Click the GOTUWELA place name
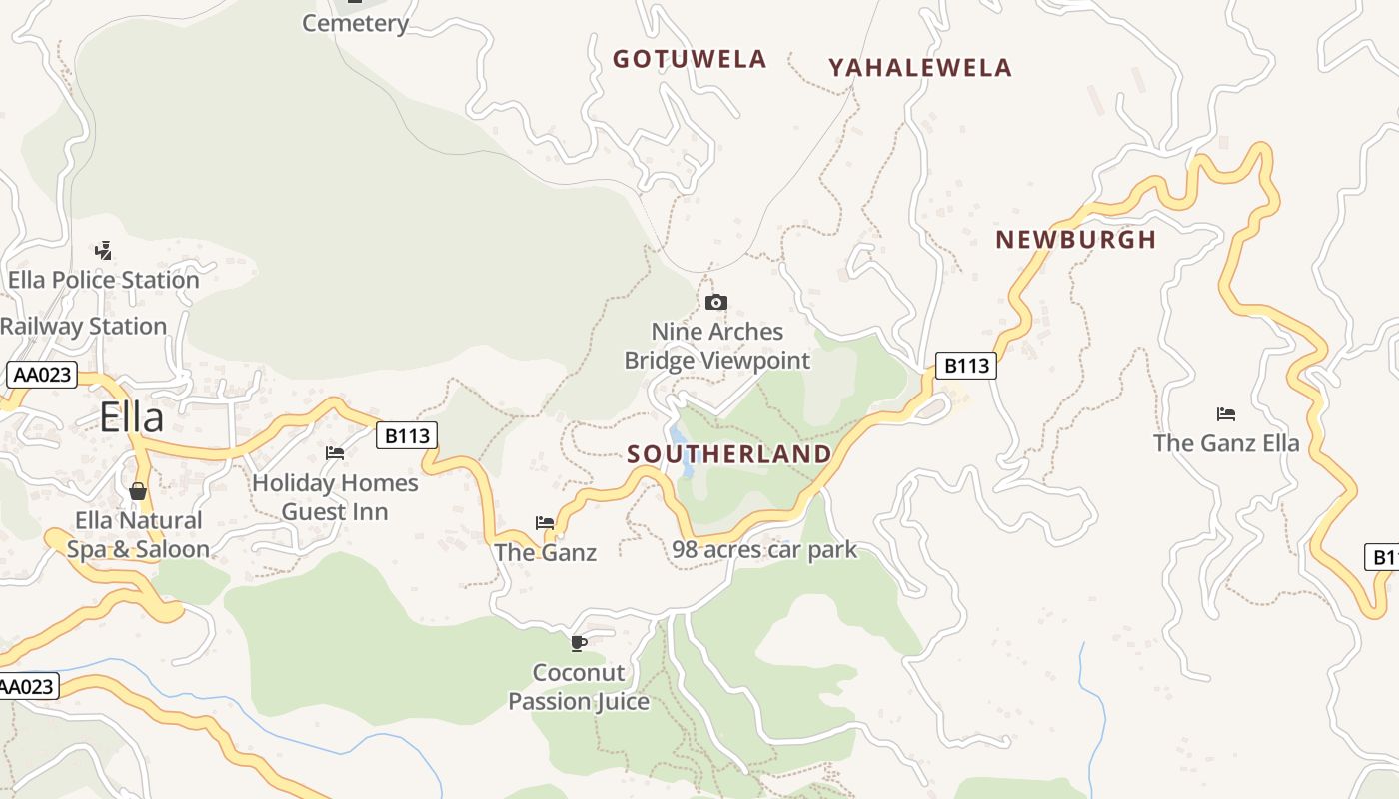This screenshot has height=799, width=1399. (x=690, y=59)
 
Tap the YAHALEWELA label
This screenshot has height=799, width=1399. (x=920, y=68)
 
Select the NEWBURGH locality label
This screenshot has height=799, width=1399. (x=1076, y=240)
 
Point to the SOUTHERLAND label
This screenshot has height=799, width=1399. (x=729, y=455)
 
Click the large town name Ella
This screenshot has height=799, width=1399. (x=131, y=417)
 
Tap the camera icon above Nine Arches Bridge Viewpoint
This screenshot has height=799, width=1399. (x=715, y=302)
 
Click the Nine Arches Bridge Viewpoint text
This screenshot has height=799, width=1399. (x=717, y=346)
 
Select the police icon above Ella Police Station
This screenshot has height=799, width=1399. (x=103, y=250)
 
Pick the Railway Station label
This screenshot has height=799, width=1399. (x=83, y=327)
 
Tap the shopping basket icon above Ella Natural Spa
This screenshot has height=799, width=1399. (x=138, y=491)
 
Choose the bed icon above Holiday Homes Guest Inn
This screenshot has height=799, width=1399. (x=335, y=453)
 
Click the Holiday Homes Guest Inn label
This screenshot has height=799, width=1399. (x=335, y=497)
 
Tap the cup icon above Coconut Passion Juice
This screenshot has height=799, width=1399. (x=578, y=643)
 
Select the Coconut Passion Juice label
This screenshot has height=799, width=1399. (x=579, y=687)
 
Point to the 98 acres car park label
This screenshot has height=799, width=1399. (x=764, y=549)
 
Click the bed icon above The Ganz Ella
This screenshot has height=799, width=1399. (x=1226, y=413)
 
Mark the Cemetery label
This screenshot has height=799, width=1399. (x=356, y=23)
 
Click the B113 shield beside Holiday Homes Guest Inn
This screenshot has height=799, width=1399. (x=407, y=435)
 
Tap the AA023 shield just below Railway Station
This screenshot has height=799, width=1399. (x=41, y=375)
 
